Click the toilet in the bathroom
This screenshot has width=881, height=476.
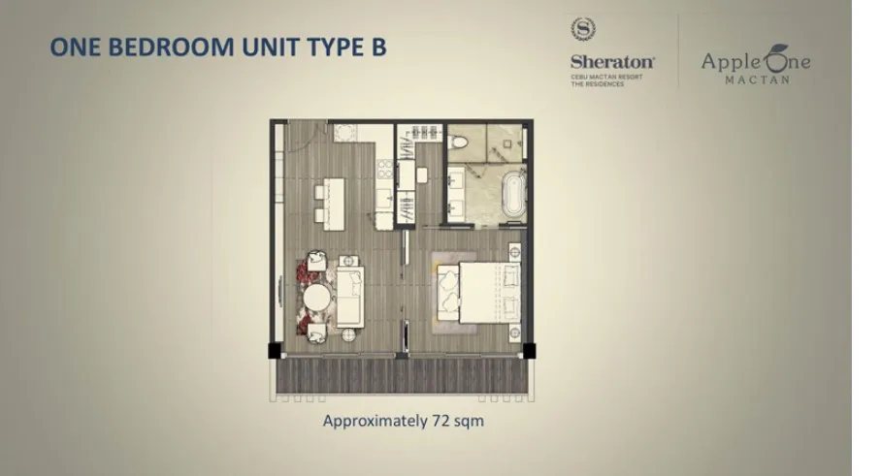(459, 141)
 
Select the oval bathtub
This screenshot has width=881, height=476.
(513, 194)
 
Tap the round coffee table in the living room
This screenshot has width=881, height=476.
(317, 298)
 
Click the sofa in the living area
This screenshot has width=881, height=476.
(350, 297)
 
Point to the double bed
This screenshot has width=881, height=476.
(490, 293)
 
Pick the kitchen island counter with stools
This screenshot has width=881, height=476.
(334, 204)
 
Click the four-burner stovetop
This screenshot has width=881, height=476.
(385, 169)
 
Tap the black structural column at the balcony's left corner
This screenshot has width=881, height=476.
(275, 351)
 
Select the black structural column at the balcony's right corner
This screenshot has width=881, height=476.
(529, 351)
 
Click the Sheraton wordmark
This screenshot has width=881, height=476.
(612, 62)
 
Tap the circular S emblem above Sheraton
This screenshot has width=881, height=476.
(583, 29)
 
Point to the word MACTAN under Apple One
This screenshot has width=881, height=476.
(758, 79)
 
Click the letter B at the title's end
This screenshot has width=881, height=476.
(378, 48)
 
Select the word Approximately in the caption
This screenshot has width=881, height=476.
(375, 421)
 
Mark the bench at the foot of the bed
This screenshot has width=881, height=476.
(448, 293)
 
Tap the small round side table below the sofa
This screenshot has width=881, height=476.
(348, 335)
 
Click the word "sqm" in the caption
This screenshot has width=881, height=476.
(469, 422)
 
